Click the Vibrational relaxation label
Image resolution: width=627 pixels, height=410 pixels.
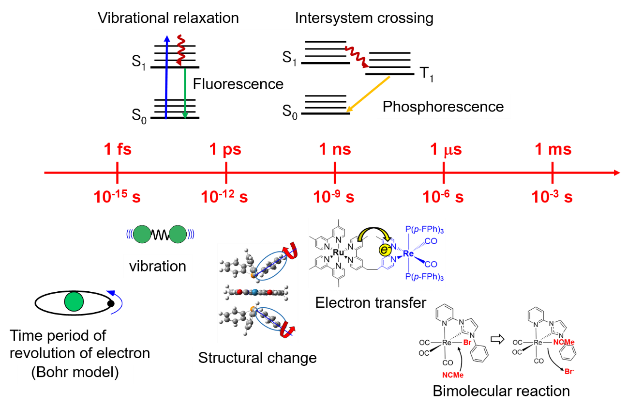point(168,18)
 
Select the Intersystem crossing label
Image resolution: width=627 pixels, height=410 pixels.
point(364,18)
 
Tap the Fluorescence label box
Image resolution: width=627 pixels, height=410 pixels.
point(238,84)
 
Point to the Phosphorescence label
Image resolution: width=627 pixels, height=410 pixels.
point(443,107)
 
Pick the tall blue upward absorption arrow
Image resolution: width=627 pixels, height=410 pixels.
point(166,78)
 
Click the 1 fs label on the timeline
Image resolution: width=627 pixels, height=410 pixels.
point(118,150)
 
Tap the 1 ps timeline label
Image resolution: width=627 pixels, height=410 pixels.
point(226,150)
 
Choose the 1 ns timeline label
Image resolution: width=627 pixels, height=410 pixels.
point(335,150)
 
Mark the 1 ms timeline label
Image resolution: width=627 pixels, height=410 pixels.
point(553,150)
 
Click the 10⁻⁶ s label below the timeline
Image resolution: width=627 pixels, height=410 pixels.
point(443,197)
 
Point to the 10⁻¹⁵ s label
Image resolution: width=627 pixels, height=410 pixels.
point(117,197)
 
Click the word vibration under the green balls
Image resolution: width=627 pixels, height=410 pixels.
point(158,266)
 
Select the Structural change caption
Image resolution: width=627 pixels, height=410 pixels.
point(257,358)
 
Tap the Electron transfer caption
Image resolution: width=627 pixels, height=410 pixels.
point(371,303)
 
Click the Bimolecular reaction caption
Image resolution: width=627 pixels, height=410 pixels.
point(501,391)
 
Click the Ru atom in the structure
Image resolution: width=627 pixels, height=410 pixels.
point(339,252)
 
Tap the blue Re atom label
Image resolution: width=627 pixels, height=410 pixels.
point(408,252)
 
